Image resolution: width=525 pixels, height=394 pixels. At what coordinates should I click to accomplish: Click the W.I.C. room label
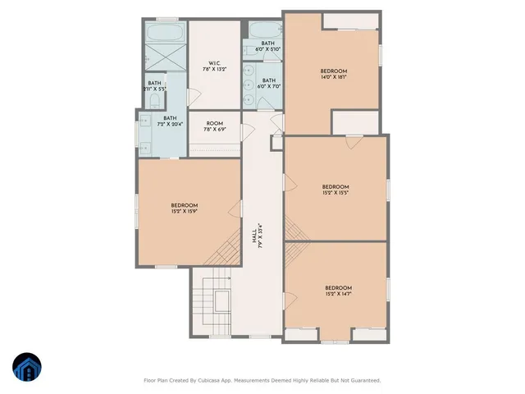[213, 66]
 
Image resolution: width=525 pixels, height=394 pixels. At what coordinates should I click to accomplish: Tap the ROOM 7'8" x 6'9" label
[214, 126]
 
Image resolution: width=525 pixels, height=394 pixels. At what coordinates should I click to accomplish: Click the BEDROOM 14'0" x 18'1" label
[333, 75]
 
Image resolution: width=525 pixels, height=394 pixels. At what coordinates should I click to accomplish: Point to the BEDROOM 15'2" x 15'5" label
[336, 190]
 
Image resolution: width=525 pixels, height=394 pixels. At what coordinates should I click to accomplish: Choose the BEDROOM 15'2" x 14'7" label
[337, 291]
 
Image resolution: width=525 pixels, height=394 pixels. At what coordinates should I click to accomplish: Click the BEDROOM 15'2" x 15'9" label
[185, 208]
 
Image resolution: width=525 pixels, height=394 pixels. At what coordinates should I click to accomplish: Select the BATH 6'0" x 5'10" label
[267, 46]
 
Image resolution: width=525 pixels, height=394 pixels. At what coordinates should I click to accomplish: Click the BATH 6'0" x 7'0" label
[267, 83]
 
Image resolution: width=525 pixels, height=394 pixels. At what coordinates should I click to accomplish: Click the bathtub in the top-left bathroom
[167, 34]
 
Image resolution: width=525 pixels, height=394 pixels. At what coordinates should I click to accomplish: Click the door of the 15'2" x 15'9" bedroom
[241, 209]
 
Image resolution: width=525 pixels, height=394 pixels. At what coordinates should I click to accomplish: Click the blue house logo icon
[26, 367]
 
